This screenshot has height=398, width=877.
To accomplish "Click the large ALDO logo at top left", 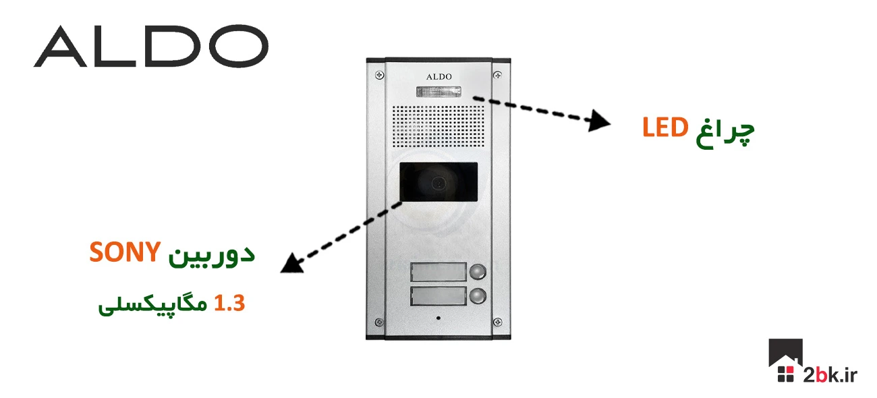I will pos(150,47).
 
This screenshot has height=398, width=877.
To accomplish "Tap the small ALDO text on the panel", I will pos(439,77).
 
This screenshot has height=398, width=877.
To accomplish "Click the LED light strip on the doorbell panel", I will pos(439,92).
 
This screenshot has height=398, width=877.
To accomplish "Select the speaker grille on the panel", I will pos(439,127).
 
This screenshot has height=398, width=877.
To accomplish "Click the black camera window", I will pos(438,182).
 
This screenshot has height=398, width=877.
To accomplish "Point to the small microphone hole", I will pos(438,318).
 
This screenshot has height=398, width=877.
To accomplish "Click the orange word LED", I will pos(664,127).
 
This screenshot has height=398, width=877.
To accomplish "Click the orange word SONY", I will pos(125,254).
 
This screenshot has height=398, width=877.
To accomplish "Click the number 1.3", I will pos(229,304).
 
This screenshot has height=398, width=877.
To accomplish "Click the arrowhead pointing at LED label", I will pos(599,122).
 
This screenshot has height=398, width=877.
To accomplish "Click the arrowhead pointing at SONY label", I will pos(291,263).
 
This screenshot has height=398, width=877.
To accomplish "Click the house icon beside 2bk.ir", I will pos(785,362).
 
